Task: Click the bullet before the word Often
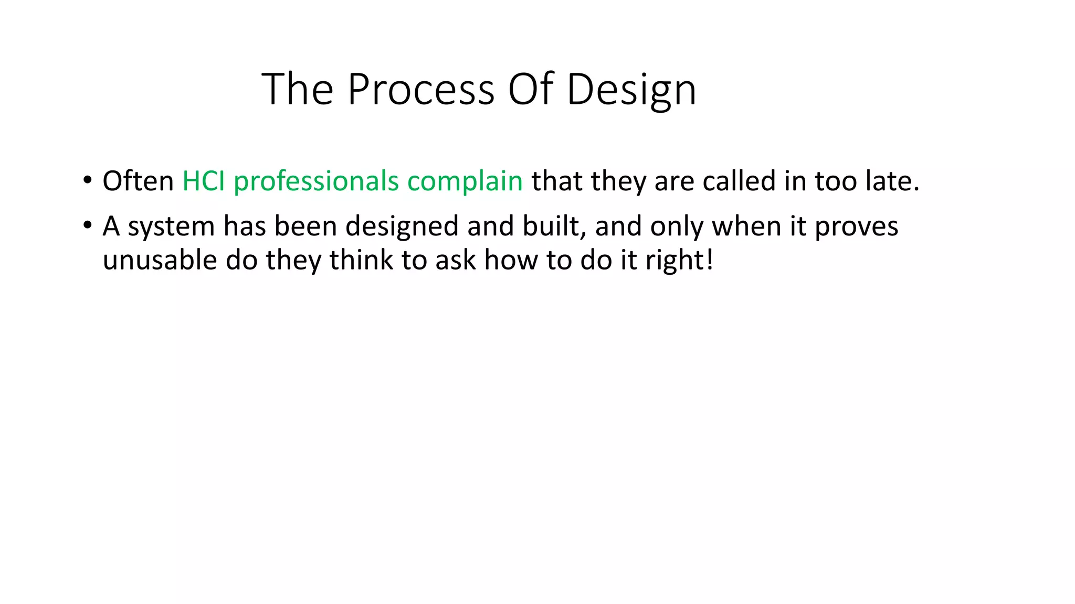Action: [x=87, y=181]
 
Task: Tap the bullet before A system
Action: [x=87, y=226]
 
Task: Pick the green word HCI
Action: [x=203, y=181]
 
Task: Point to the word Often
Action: [x=138, y=181]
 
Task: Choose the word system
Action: [x=171, y=227]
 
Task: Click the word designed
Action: [x=402, y=227]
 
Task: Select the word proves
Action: [x=856, y=227]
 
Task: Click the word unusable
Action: [x=160, y=260]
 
